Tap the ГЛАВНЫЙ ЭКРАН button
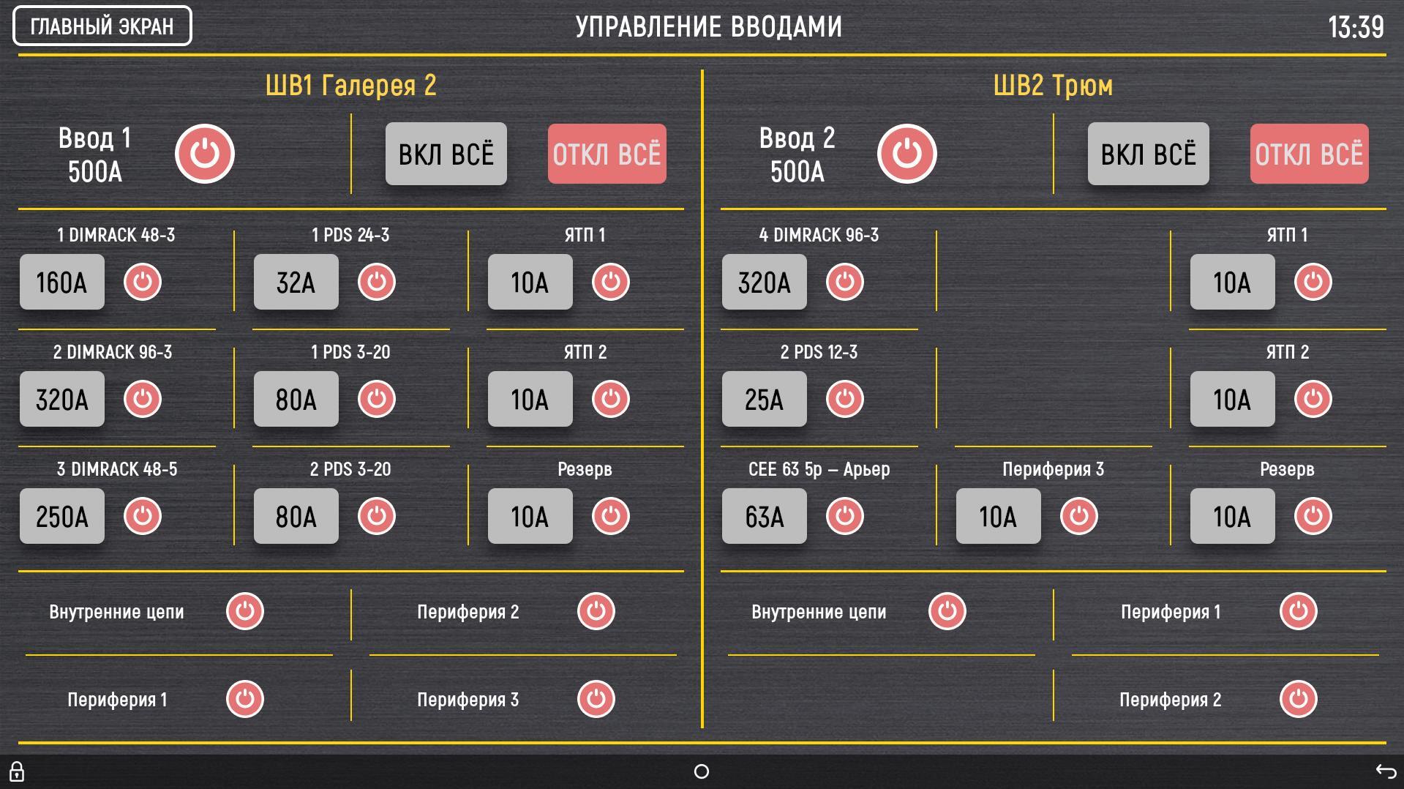tap(102, 26)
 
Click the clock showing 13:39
tap(1356, 27)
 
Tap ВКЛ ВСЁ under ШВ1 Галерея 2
tap(446, 154)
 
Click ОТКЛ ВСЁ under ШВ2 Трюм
tap(1309, 154)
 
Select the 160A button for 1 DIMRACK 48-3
tap(62, 282)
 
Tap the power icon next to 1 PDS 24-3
tap(377, 282)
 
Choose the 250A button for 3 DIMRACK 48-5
tap(62, 516)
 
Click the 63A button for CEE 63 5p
tap(765, 516)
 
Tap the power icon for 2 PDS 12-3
tap(845, 399)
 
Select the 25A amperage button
tap(765, 399)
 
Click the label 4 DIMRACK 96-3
tap(819, 235)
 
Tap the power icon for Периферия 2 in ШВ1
tap(596, 611)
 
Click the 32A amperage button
tap(296, 282)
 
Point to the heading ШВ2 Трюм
tap(1053, 86)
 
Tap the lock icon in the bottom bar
tap(17, 771)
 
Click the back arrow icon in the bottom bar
tap(1386, 771)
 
